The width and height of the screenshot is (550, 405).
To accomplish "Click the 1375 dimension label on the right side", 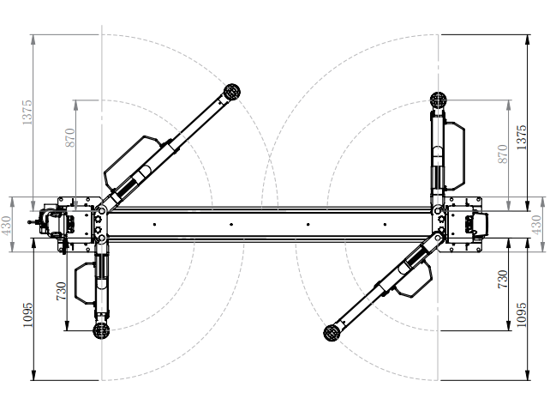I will (x=522, y=136).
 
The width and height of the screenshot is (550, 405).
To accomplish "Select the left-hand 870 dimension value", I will (x=71, y=137).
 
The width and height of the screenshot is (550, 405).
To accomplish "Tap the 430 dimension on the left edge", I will (x=6, y=225).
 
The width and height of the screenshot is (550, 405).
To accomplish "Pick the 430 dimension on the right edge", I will (x=537, y=225).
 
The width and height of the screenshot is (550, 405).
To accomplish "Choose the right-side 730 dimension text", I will (x=503, y=278).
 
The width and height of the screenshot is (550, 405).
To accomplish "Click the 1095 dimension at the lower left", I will (x=28, y=317).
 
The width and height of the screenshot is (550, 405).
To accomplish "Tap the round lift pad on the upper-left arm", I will (x=231, y=92).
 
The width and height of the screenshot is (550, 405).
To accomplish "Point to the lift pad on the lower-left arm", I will (x=101, y=328).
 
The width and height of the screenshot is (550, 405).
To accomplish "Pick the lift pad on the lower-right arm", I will (x=330, y=332).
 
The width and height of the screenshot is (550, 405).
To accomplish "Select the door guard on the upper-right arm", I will (x=455, y=154).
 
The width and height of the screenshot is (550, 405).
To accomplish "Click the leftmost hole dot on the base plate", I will (x=154, y=225).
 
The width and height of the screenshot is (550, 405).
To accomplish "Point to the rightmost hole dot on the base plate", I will (x=382, y=225).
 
